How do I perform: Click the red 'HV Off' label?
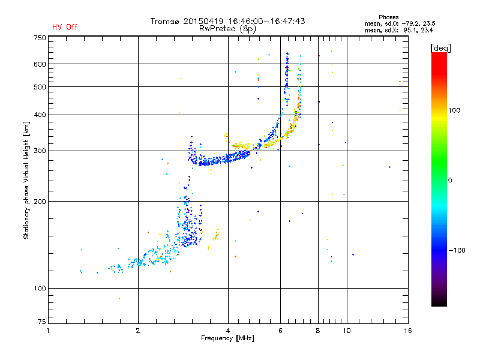(65, 27)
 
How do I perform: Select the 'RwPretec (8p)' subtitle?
(228, 28)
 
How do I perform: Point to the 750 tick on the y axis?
(40, 38)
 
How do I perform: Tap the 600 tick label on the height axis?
(40, 64)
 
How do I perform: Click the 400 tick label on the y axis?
(40, 115)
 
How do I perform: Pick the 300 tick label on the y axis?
(40, 151)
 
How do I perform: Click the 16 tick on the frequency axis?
(407, 331)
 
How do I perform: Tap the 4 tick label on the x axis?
(228, 331)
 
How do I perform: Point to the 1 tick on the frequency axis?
(49, 331)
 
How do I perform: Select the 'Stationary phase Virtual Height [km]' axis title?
(26, 180)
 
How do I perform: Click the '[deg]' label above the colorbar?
(440, 47)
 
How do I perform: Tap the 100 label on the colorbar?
(454, 110)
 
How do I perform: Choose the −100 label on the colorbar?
(456, 250)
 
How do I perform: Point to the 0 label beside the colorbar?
(450, 180)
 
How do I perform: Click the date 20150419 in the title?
(202, 21)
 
